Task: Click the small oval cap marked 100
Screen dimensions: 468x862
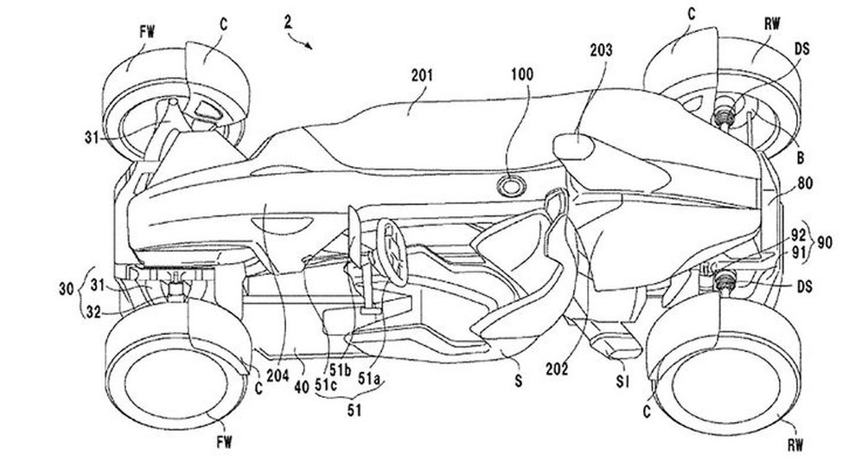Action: tap(513, 185)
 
